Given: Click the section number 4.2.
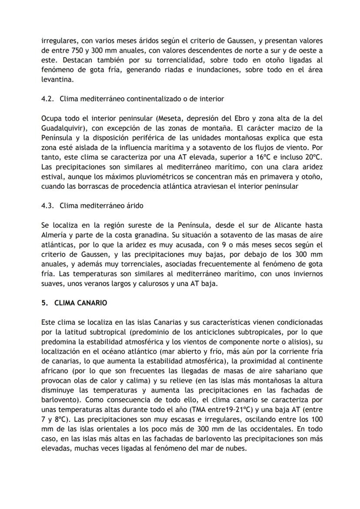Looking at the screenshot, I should coord(47,99).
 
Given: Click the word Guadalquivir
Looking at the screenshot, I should coord(61,128).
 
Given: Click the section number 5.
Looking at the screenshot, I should coord(43,303).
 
